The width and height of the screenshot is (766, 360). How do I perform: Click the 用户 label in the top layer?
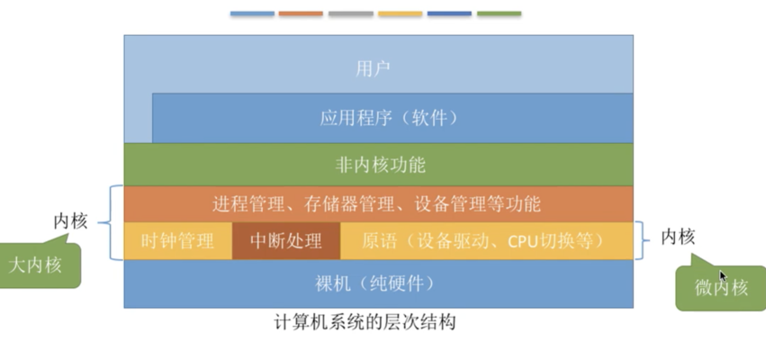tap(373, 69)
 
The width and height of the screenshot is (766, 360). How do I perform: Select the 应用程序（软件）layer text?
tap(389, 118)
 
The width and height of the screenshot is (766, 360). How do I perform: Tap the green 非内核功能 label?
tap(380, 165)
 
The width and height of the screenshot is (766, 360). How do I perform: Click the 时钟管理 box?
tap(178, 241)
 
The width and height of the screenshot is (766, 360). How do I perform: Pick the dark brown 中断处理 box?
tap(285, 241)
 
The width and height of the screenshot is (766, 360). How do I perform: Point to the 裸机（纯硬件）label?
tap(374, 283)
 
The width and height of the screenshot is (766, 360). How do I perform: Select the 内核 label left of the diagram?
tap(70, 221)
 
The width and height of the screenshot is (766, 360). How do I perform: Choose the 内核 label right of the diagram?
tap(678, 238)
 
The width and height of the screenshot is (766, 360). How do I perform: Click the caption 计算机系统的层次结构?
tap(365, 322)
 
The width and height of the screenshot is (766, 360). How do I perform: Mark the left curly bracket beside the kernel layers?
tap(112, 222)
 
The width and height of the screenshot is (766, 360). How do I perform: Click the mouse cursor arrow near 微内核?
tap(723, 276)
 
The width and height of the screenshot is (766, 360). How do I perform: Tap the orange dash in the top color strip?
tap(301, 13)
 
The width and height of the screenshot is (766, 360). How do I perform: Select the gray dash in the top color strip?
tap(351, 13)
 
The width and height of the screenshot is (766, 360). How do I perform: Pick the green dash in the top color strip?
tap(499, 13)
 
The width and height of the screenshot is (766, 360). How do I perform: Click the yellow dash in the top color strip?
tap(400, 13)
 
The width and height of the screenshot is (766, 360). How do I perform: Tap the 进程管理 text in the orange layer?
tap(248, 203)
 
